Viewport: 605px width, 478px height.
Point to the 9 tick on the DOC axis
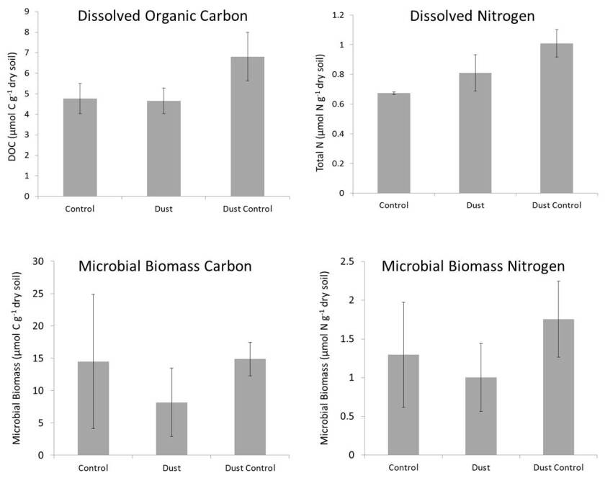point(27,12)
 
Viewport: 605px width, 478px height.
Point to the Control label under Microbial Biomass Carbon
point(91,468)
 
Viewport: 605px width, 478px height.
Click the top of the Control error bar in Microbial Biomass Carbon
point(93,294)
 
